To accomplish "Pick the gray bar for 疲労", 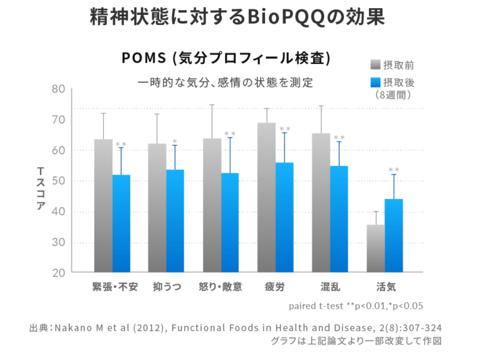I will pos(266,197).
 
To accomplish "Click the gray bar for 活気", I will pos(375,249).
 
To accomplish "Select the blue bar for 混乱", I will pos(339,219).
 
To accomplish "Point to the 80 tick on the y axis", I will pos(58,89).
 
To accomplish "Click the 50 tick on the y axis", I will pos(58,181).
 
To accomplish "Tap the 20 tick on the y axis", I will pos(58,273).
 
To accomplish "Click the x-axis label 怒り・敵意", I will pos(220,288).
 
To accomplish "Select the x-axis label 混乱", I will pos(329,288).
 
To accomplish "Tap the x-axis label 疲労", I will pos(275,288).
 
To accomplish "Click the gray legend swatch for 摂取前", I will pos(376,64).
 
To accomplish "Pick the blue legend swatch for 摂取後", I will pos(376,83).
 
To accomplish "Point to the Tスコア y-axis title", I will pos(41,188).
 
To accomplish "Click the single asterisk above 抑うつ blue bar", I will pos(175,141).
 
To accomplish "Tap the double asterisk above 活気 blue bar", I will pos(393,170).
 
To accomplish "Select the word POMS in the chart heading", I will pos(143,58).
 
